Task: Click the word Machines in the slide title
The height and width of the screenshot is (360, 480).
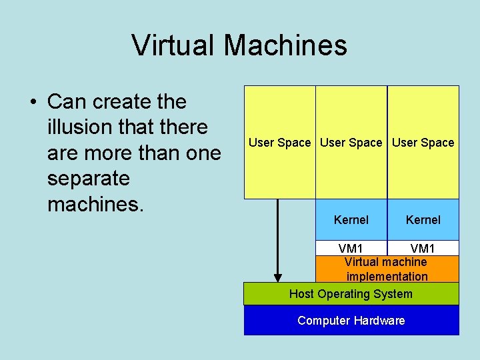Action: click(285, 45)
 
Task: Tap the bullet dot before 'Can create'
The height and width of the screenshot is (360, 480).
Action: click(32, 103)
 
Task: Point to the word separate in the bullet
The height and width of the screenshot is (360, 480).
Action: click(89, 179)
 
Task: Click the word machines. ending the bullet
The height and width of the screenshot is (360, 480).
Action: click(95, 204)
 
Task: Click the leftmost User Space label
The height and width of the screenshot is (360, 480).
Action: click(279, 143)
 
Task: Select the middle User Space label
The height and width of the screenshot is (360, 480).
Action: click(351, 143)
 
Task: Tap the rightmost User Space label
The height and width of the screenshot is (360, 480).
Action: click(423, 143)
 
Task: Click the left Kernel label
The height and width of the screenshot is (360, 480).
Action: click(351, 220)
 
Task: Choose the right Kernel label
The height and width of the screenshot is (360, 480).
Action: click(423, 220)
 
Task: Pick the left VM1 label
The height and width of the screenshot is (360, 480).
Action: click(351, 249)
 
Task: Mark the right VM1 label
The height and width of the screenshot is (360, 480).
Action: click(423, 249)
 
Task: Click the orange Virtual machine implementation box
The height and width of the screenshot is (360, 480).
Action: click(387, 269)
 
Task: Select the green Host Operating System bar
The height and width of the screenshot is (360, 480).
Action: click(351, 294)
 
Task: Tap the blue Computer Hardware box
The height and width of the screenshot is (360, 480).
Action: click(351, 321)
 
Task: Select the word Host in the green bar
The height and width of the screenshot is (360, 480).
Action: click(301, 294)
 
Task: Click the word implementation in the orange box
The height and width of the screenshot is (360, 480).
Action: click(387, 277)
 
